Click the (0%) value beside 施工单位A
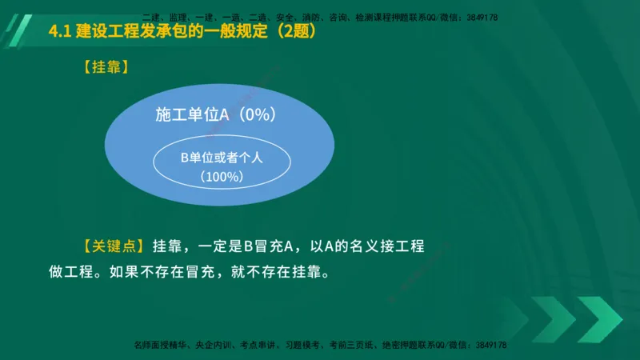tap(254, 115)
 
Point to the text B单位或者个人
tap(222, 158)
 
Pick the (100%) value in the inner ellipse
tap(222, 176)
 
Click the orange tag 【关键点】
tap(112, 246)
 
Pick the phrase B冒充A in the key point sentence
tap(263, 246)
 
